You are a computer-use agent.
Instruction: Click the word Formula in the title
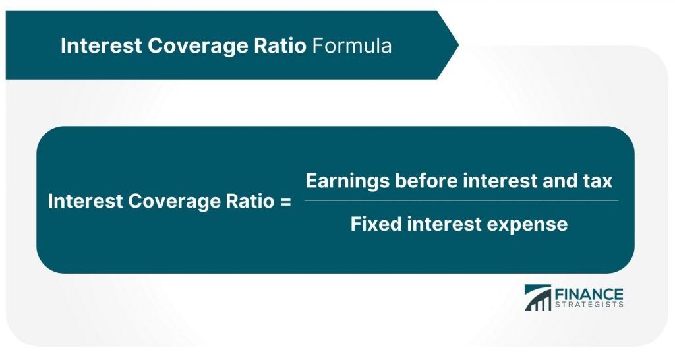[x=351, y=45]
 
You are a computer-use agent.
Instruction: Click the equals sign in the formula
[x=284, y=202]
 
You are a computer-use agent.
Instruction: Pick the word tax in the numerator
[x=599, y=181]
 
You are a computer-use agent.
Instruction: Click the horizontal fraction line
[x=461, y=200]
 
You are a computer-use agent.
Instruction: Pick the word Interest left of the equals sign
[x=84, y=202]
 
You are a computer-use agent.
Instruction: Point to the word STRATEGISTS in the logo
[x=589, y=305]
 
